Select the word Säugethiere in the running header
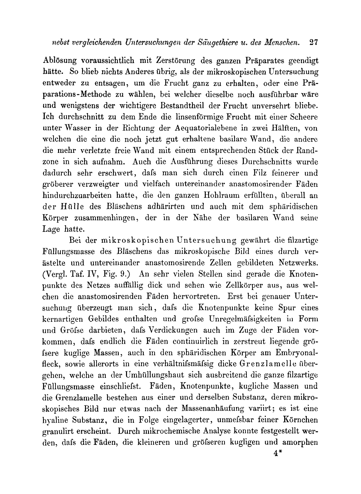click(x=215, y=43)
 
